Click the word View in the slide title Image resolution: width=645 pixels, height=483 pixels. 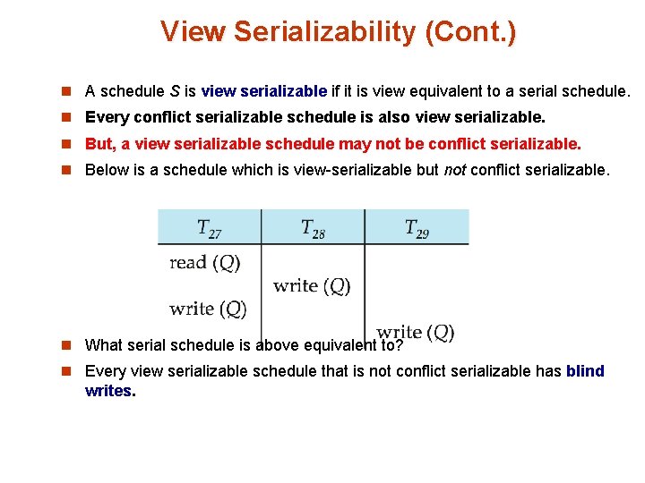pos(193,32)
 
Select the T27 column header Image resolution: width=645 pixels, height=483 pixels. pos(210,228)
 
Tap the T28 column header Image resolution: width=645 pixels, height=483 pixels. pos(313,228)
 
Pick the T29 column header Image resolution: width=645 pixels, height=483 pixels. pos(417,228)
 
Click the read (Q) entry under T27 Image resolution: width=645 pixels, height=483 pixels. pos(205,263)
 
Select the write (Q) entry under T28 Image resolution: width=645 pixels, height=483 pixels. pos(312,286)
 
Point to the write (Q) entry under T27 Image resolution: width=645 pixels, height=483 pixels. pos(208,309)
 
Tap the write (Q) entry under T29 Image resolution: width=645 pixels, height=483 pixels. pos(416,333)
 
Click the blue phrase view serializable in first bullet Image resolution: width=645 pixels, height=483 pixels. pos(264,91)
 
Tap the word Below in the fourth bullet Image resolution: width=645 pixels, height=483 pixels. pos(106,170)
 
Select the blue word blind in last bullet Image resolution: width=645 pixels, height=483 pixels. pos(585,371)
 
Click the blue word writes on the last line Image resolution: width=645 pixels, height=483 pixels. pos(107,391)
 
